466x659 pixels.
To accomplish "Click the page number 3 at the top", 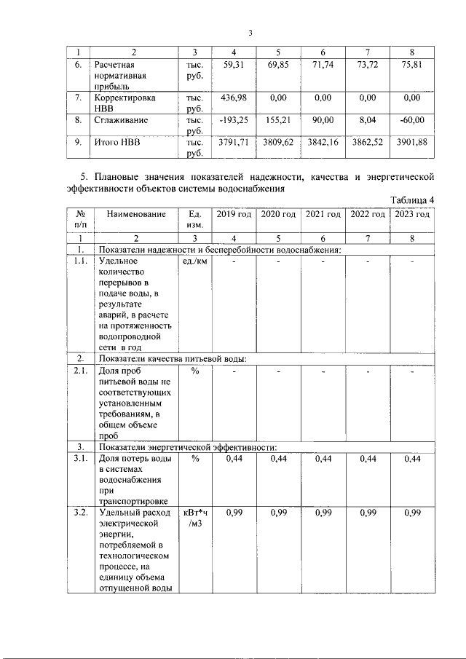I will (250, 33).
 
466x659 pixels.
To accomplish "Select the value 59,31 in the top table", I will (232, 66).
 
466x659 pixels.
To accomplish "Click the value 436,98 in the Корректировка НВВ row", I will (232, 97).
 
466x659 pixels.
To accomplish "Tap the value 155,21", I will (279, 119).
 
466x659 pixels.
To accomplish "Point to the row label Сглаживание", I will (121, 119).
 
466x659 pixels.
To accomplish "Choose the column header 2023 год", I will (412, 214).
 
